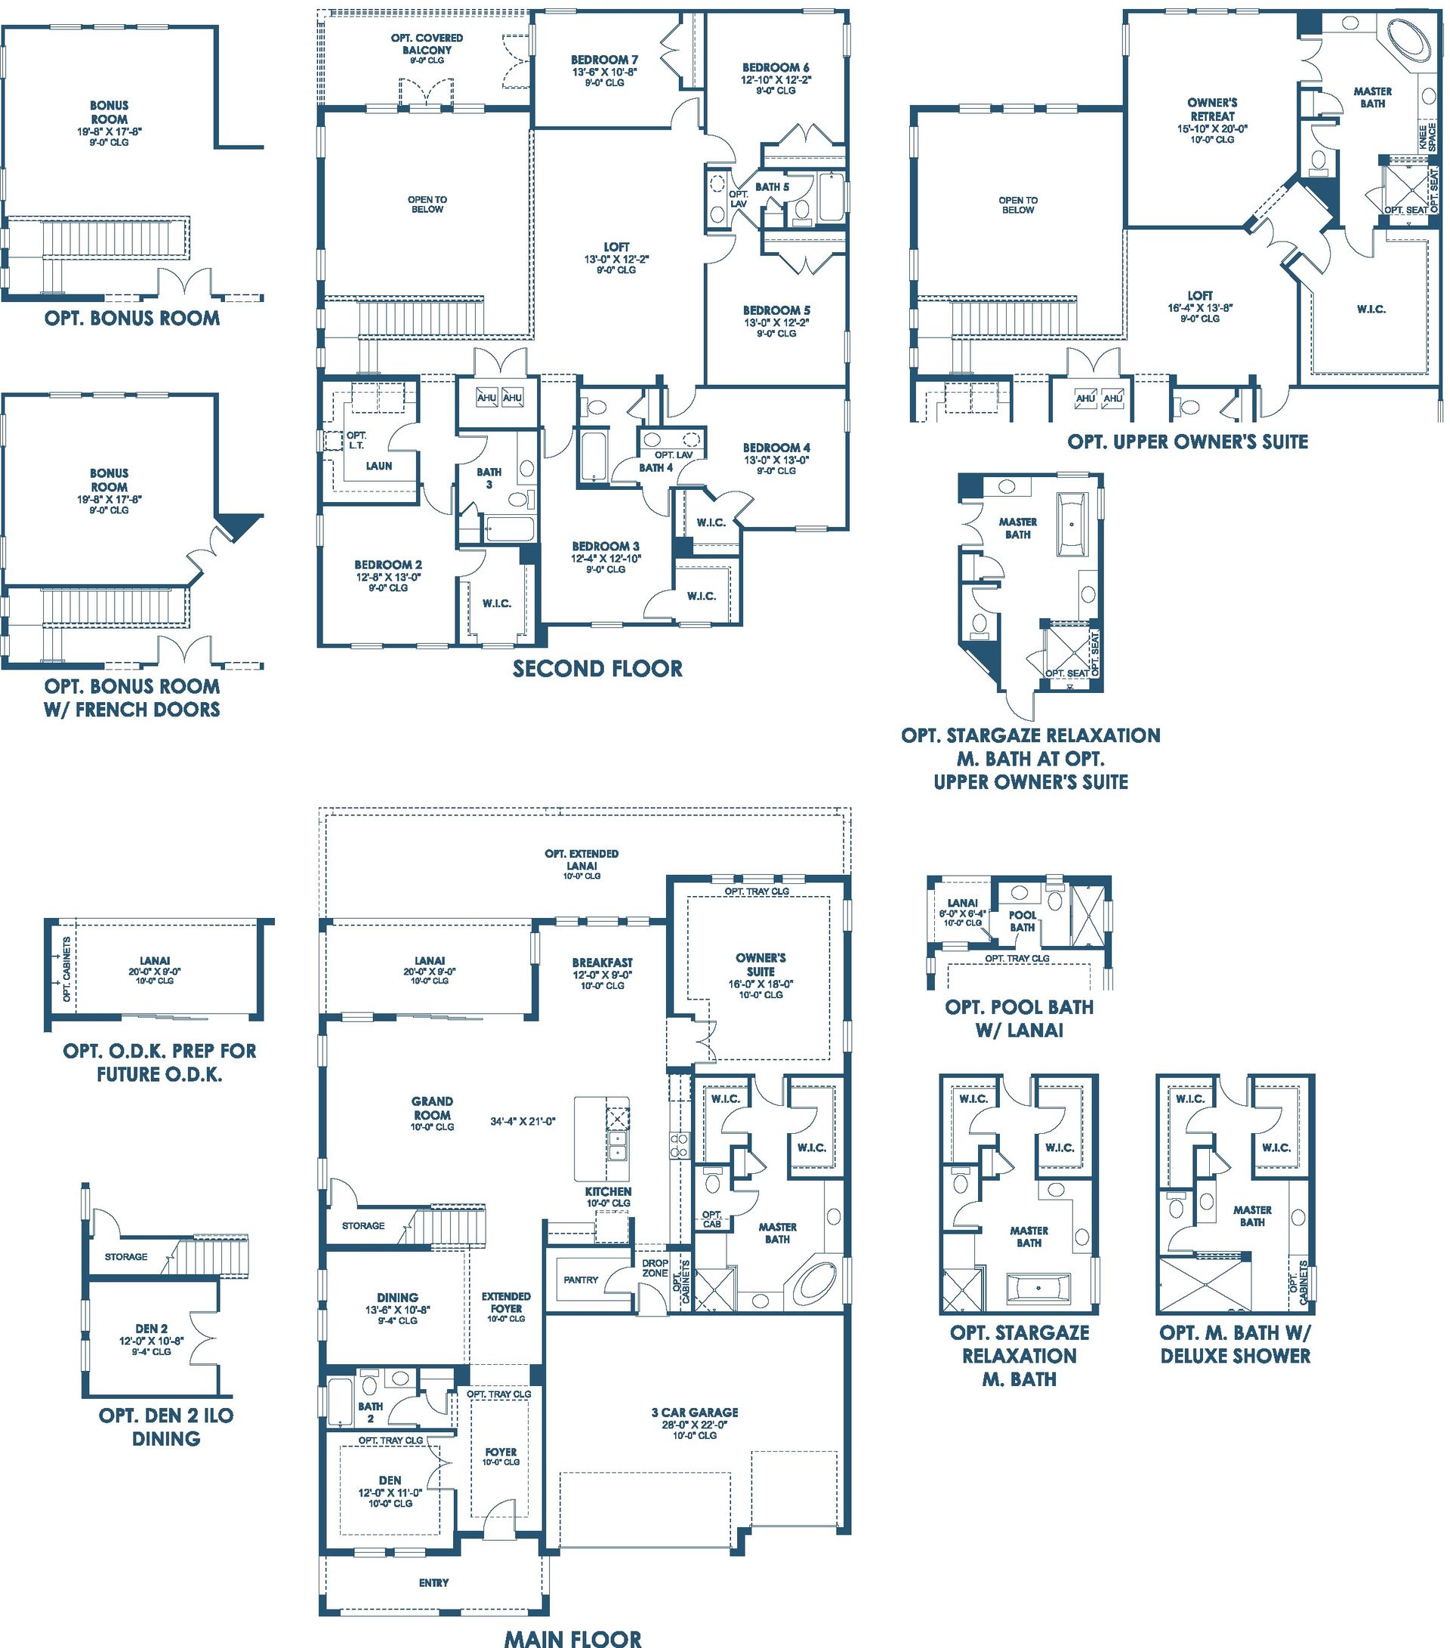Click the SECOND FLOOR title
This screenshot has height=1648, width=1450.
pos(597,668)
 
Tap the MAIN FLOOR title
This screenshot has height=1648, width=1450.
pos(573,1637)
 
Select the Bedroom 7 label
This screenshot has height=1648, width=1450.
pos(604,60)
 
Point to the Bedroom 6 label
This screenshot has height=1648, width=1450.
pos(776,68)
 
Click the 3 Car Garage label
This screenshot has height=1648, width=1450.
pos(694,1412)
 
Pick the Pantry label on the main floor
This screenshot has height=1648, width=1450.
pos(581,1280)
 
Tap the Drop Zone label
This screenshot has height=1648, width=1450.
pos(655,1268)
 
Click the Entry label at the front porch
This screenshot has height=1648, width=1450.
pos(434,1582)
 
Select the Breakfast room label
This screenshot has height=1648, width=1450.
pos(603,962)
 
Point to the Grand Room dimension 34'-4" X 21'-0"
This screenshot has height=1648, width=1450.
pos(523,1121)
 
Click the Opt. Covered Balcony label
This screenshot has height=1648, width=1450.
pos(427,44)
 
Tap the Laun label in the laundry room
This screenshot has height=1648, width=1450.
pos(379,465)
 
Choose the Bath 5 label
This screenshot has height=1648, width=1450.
pos(772,187)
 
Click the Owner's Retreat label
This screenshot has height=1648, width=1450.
pos(1212,109)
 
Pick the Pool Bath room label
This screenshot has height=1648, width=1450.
pos(1023,921)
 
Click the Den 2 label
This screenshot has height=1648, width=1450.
pos(152,1329)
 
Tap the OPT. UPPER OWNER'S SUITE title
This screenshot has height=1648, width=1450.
pos(1188,441)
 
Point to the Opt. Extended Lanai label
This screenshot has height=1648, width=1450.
pos(582,859)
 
